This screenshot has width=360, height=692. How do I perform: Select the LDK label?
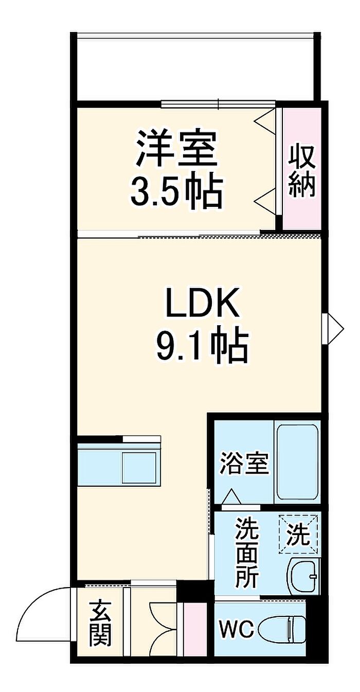(203, 302)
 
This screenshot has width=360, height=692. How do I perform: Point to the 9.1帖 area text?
(203, 345)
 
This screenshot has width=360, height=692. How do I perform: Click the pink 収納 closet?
(302, 169)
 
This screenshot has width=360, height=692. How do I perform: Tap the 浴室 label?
(244, 464)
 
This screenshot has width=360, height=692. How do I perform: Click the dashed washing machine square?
(298, 534)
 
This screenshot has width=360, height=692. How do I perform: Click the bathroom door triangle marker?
(231, 497)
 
